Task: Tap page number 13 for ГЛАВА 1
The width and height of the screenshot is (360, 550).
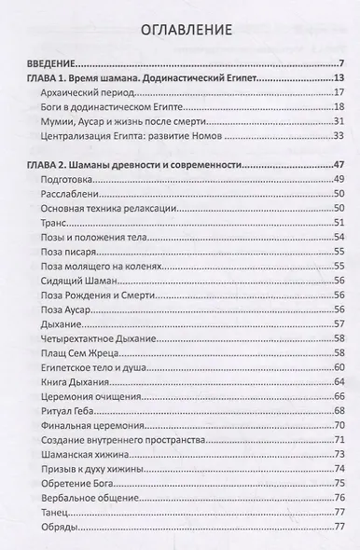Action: pos(339,79)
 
